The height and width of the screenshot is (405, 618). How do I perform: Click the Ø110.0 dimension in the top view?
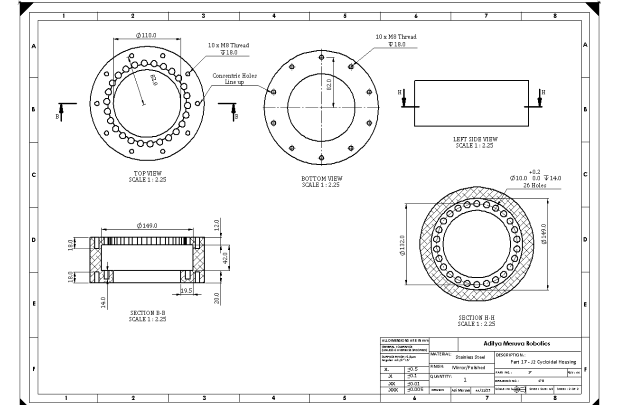(x=146, y=35)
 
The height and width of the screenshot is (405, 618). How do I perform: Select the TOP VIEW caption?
(x=148, y=177)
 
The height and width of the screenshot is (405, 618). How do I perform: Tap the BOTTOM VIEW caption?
(x=321, y=182)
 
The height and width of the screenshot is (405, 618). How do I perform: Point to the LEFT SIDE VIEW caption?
(x=475, y=142)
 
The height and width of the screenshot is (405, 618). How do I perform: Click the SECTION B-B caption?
(x=148, y=316)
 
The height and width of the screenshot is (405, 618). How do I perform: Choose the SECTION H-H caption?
(x=476, y=321)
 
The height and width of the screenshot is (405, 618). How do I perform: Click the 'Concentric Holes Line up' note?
(x=234, y=79)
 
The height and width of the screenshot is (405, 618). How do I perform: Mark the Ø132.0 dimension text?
(x=402, y=245)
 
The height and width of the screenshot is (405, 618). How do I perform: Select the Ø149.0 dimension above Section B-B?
(x=147, y=226)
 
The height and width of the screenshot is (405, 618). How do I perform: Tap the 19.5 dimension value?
(x=187, y=291)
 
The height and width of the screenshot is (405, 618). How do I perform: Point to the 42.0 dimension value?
(x=226, y=258)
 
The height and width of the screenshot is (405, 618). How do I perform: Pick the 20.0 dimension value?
(x=217, y=298)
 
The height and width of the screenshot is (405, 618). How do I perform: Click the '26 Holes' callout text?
(x=534, y=186)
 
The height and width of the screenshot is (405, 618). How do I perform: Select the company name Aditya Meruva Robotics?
(x=516, y=343)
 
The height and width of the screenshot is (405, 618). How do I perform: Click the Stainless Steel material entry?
(x=470, y=357)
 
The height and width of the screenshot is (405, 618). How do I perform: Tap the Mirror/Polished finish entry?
(x=468, y=367)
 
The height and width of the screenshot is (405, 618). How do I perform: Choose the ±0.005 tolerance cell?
(x=415, y=390)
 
